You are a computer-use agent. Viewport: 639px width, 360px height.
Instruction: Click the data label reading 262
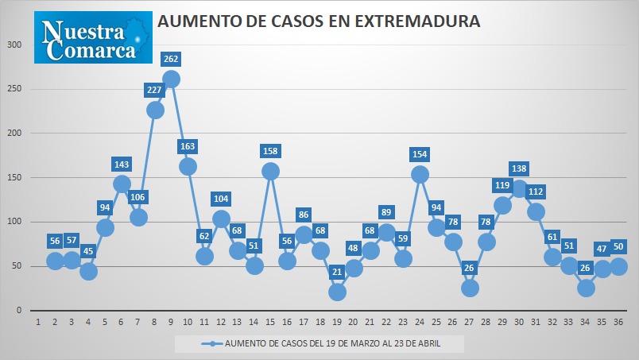click(x=171, y=59)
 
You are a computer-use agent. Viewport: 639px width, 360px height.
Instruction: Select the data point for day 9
click(x=171, y=79)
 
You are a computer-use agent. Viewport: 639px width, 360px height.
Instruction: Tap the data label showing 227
click(x=154, y=90)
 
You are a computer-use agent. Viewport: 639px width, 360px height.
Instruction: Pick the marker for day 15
click(x=270, y=171)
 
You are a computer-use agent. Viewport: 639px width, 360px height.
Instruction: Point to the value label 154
click(x=420, y=154)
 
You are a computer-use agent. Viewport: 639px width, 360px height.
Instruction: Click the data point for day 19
click(x=337, y=292)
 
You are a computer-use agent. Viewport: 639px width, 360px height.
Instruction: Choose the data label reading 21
click(x=337, y=272)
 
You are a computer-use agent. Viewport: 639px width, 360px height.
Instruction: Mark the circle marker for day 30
click(x=519, y=189)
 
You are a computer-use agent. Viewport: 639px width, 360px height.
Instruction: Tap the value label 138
click(x=519, y=168)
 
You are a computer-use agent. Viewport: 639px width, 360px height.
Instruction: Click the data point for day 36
click(x=618, y=267)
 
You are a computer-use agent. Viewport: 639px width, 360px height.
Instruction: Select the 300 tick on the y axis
click(x=14, y=45)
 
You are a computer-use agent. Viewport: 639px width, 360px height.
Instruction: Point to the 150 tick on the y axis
click(x=14, y=177)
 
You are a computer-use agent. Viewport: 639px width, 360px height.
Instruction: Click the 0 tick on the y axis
click(x=19, y=310)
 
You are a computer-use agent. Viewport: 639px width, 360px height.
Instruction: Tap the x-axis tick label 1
click(x=38, y=322)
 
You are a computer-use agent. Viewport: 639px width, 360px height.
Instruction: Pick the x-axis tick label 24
click(x=420, y=322)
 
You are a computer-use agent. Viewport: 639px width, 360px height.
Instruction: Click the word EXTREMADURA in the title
click(x=418, y=21)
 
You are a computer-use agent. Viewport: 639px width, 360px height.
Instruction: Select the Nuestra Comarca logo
click(x=93, y=37)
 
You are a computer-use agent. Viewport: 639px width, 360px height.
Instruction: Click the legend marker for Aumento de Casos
click(x=212, y=343)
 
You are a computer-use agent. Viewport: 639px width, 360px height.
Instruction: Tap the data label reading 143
click(x=122, y=165)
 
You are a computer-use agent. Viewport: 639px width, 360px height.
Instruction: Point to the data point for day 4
click(x=88, y=271)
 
